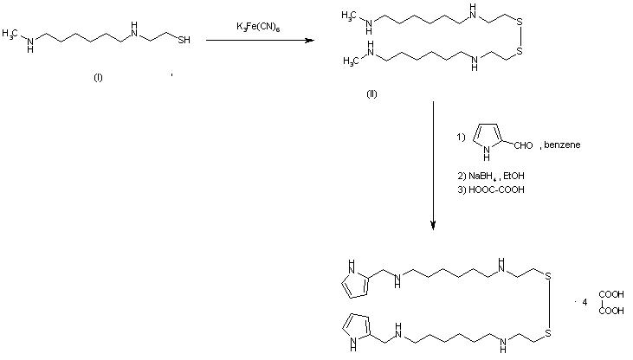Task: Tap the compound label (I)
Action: (x=98, y=79)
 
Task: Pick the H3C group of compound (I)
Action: (x=13, y=33)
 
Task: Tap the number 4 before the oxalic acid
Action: (x=585, y=301)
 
